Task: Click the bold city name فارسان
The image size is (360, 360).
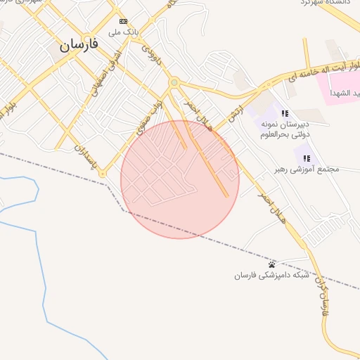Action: (78, 44)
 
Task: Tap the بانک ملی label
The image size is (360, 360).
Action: (124, 32)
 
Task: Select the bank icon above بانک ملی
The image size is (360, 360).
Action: (124, 22)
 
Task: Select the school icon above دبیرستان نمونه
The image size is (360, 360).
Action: (285, 113)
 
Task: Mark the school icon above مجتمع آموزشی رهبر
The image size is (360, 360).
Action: (307, 157)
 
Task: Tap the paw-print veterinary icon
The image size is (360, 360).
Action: (272, 264)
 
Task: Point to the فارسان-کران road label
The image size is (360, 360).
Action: (323, 295)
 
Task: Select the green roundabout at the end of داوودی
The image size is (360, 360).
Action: (174, 83)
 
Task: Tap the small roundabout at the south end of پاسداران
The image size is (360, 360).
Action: (102, 174)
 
